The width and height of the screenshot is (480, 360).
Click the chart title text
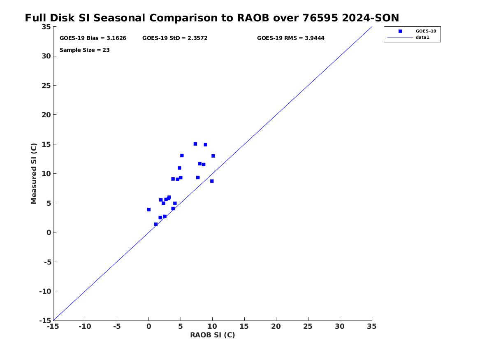[x=212, y=18]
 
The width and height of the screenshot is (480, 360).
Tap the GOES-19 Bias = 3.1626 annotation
[x=93, y=38]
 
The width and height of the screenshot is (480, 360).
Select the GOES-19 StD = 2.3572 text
[x=175, y=38]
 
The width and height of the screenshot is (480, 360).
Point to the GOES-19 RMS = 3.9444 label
[x=290, y=38]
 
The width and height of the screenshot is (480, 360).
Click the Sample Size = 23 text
[x=84, y=50]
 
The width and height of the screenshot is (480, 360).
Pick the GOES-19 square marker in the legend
[x=400, y=31]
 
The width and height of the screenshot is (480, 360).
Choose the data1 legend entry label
[x=422, y=37]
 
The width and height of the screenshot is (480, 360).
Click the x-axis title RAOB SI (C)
[x=213, y=335]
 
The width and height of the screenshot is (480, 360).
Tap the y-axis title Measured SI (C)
[x=34, y=174]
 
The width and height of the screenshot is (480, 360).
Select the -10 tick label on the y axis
[x=45, y=291]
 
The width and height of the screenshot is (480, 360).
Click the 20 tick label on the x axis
[x=276, y=326]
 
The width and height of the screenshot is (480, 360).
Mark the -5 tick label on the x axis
[x=117, y=326]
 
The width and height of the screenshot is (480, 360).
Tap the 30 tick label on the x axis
[x=339, y=326]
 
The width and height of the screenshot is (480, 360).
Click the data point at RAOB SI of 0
[x=149, y=210]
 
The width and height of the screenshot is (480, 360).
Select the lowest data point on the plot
[x=156, y=224]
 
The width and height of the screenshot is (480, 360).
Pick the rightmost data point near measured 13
[x=213, y=156]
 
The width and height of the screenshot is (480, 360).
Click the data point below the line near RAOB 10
[x=212, y=181]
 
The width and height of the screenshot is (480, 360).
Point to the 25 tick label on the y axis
[x=46, y=86]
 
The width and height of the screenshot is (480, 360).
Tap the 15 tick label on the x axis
[x=244, y=326]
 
